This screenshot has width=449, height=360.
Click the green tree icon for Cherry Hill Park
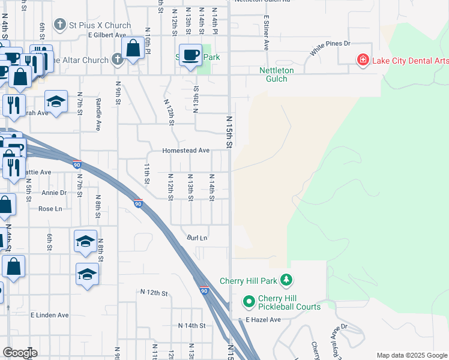click(x=287, y=280)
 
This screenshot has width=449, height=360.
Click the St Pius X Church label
click(x=100, y=25)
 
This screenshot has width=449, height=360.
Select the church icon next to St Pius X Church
click(x=59, y=25)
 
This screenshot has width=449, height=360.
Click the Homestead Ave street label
click(x=185, y=151)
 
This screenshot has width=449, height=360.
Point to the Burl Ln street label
click(x=197, y=238)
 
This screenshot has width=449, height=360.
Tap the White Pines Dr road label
click(x=330, y=48)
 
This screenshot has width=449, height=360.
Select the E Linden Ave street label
click(x=50, y=315)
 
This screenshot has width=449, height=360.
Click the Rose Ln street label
click(x=50, y=209)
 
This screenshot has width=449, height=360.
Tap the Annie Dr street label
click(x=54, y=193)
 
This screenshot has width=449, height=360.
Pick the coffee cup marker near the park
click(x=191, y=55)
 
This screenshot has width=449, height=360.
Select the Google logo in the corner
click(x=20, y=353)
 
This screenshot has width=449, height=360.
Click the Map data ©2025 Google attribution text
click(x=411, y=355)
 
